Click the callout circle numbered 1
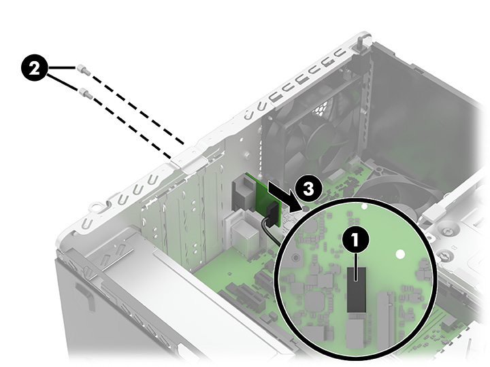tap(354, 239)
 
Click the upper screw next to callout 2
tap(82, 68)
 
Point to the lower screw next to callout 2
tap(82, 89)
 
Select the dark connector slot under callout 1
tap(355, 289)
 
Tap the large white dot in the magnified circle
tap(400, 254)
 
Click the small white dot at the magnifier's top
tap(364, 205)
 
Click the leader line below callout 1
tap(354, 258)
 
